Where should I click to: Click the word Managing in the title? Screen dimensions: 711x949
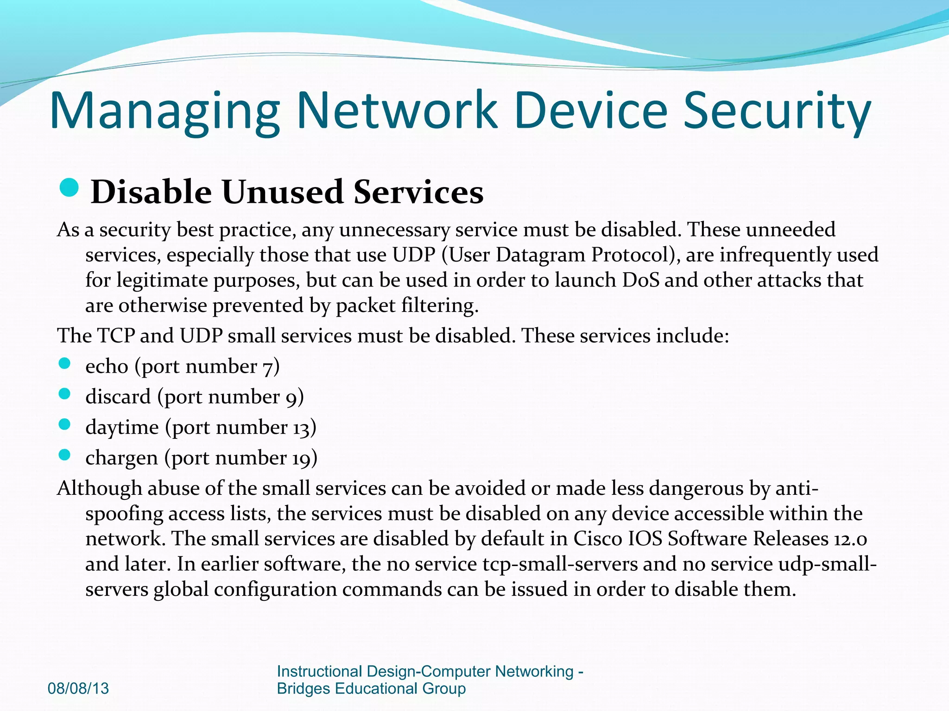(x=164, y=111)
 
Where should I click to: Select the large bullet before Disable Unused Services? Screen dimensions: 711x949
(x=70, y=187)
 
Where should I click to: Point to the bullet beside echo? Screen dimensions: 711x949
(x=64, y=363)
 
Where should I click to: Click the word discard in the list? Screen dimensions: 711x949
(x=118, y=397)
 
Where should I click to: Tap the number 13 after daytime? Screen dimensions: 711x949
(x=301, y=428)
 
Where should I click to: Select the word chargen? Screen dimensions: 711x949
(x=121, y=458)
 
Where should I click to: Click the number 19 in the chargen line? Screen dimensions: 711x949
(x=301, y=458)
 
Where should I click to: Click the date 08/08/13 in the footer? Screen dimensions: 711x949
(x=78, y=688)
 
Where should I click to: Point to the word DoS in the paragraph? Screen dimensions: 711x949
(x=640, y=280)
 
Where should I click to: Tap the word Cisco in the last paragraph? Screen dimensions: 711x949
(x=598, y=539)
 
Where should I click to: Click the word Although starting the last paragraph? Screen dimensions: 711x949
(x=99, y=488)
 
